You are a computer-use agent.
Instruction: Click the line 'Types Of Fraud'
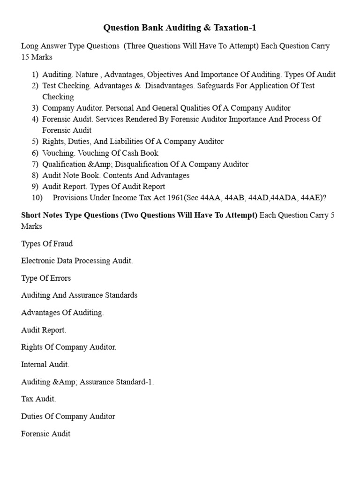coord(47,244)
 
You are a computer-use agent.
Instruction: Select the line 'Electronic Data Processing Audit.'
coord(77,261)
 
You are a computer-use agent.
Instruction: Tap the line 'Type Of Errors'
coord(46,278)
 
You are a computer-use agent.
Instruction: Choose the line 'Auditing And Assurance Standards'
coord(79,295)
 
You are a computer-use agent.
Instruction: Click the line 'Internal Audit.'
coord(45,364)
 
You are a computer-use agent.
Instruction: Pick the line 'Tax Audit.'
coord(38,399)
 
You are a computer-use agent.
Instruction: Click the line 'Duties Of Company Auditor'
coord(68,416)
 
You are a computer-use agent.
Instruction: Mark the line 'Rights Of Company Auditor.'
coord(68,347)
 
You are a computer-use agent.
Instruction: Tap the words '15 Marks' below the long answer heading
coord(37,57)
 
